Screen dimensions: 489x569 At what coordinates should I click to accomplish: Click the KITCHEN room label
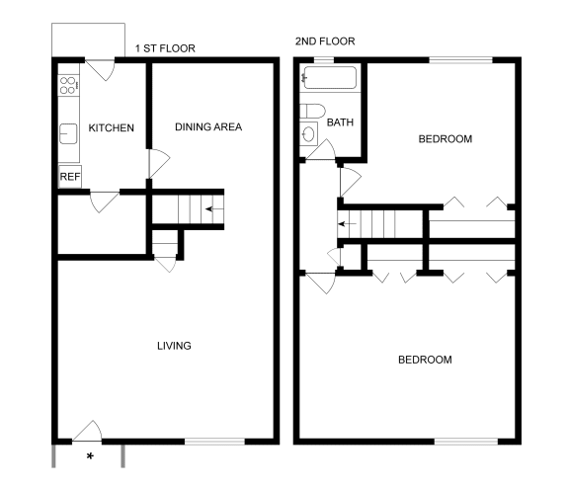pyautogui.click(x=111, y=128)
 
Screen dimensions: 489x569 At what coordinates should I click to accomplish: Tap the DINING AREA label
pyautogui.click(x=208, y=126)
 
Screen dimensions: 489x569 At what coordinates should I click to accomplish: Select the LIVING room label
pyautogui.click(x=174, y=346)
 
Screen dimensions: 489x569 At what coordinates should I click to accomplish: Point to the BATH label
pyautogui.click(x=340, y=123)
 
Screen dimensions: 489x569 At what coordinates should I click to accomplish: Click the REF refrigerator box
pyautogui.click(x=69, y=177)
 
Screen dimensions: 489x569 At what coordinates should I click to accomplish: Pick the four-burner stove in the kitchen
pyautogui.click(x=68, y=85)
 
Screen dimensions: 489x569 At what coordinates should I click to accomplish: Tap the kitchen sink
pyautogui.click(x=68, y=132)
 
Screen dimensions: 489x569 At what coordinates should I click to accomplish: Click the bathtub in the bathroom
pyautogui.click(x=331, y=81)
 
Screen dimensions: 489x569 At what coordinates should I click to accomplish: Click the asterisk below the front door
pyautogui.click(x=90, y=456)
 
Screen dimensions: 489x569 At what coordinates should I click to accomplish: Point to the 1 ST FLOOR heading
pyautogui.click(x=164, y=48)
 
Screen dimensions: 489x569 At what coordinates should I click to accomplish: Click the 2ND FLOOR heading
pyautogui.click(x=324, y=41)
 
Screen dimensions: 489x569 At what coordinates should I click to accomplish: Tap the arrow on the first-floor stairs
pyautogui.click(x=208, y=209)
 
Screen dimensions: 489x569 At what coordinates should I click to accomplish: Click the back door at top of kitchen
pyautogui.click(x=102, y=71)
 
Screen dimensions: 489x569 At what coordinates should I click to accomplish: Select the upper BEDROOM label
pyautogui.click(x=445, y=139)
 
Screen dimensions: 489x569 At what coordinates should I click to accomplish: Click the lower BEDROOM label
pyautogui.click(x=425, y=360)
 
